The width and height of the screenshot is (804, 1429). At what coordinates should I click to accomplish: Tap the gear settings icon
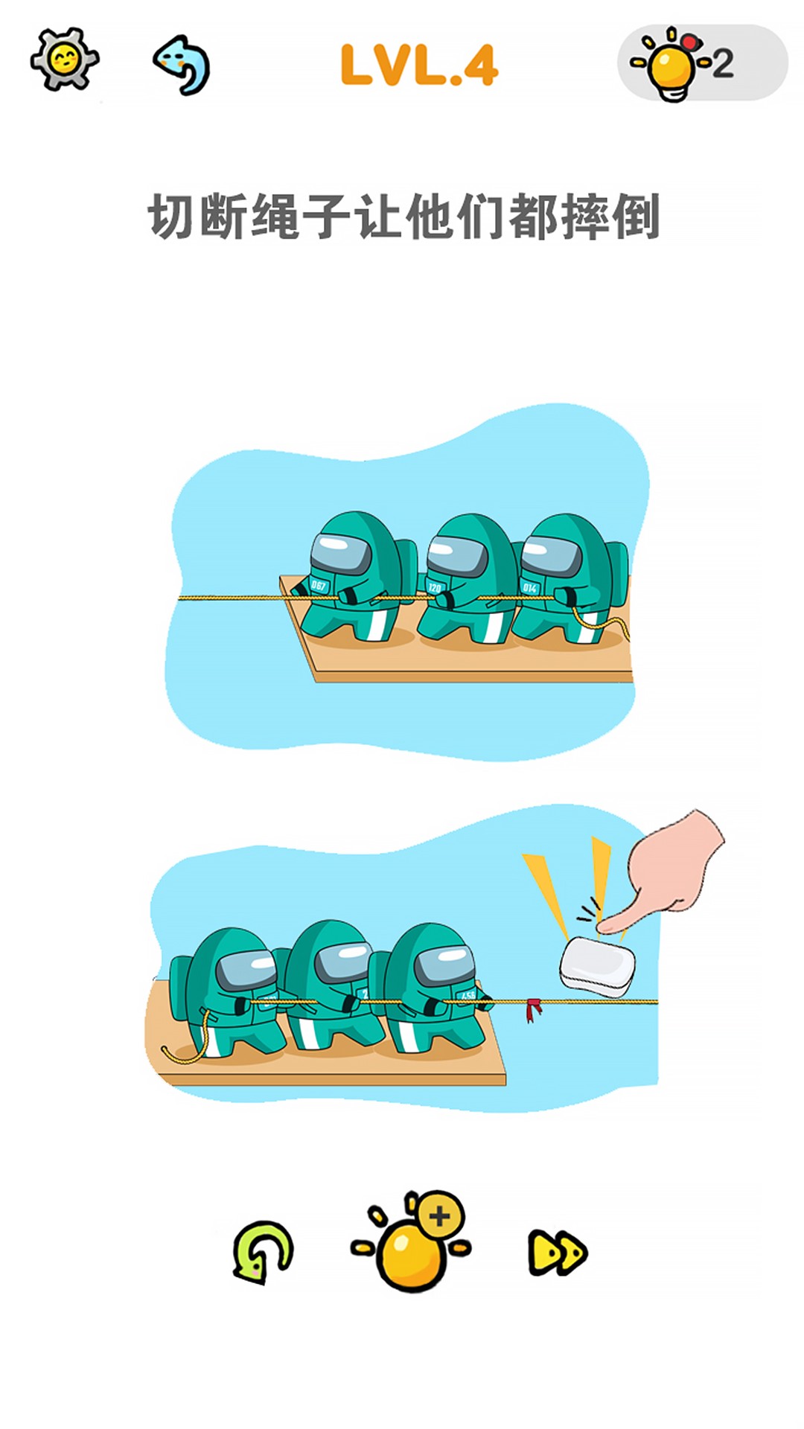[x=64, y=60]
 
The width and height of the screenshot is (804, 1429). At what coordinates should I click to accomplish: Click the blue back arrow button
[x=182, y=65]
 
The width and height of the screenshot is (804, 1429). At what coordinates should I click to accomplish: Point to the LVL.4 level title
[x=419, y=65]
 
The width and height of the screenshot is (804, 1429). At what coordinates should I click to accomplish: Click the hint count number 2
[x=723, y=64]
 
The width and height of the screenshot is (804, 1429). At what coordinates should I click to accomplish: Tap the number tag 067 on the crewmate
[x=319, y=586]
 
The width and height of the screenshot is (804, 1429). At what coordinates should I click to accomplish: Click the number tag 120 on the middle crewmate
[x=435, y=588]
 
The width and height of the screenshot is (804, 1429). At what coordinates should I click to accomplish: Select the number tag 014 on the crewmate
[x=530, y=588]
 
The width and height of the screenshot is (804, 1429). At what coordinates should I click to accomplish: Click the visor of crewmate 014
[x=551, y=555]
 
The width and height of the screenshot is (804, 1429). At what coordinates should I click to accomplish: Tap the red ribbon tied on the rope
[x=532, y=1009]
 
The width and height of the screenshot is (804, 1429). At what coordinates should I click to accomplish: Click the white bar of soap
[x=598, y=966]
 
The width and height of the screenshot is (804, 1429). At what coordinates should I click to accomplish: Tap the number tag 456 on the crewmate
[x=468, y=995]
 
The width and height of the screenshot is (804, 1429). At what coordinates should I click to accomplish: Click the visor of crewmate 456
[x=444, y=965]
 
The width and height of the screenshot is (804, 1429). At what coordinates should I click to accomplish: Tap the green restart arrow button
[x=263, y=1252]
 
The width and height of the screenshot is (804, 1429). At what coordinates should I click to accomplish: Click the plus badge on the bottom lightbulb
[x=440, y=1216]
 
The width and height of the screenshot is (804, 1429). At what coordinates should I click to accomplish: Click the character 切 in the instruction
[x=172, y=217]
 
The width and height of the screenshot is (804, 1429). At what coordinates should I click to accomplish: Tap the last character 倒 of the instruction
[x=637, y=217]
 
